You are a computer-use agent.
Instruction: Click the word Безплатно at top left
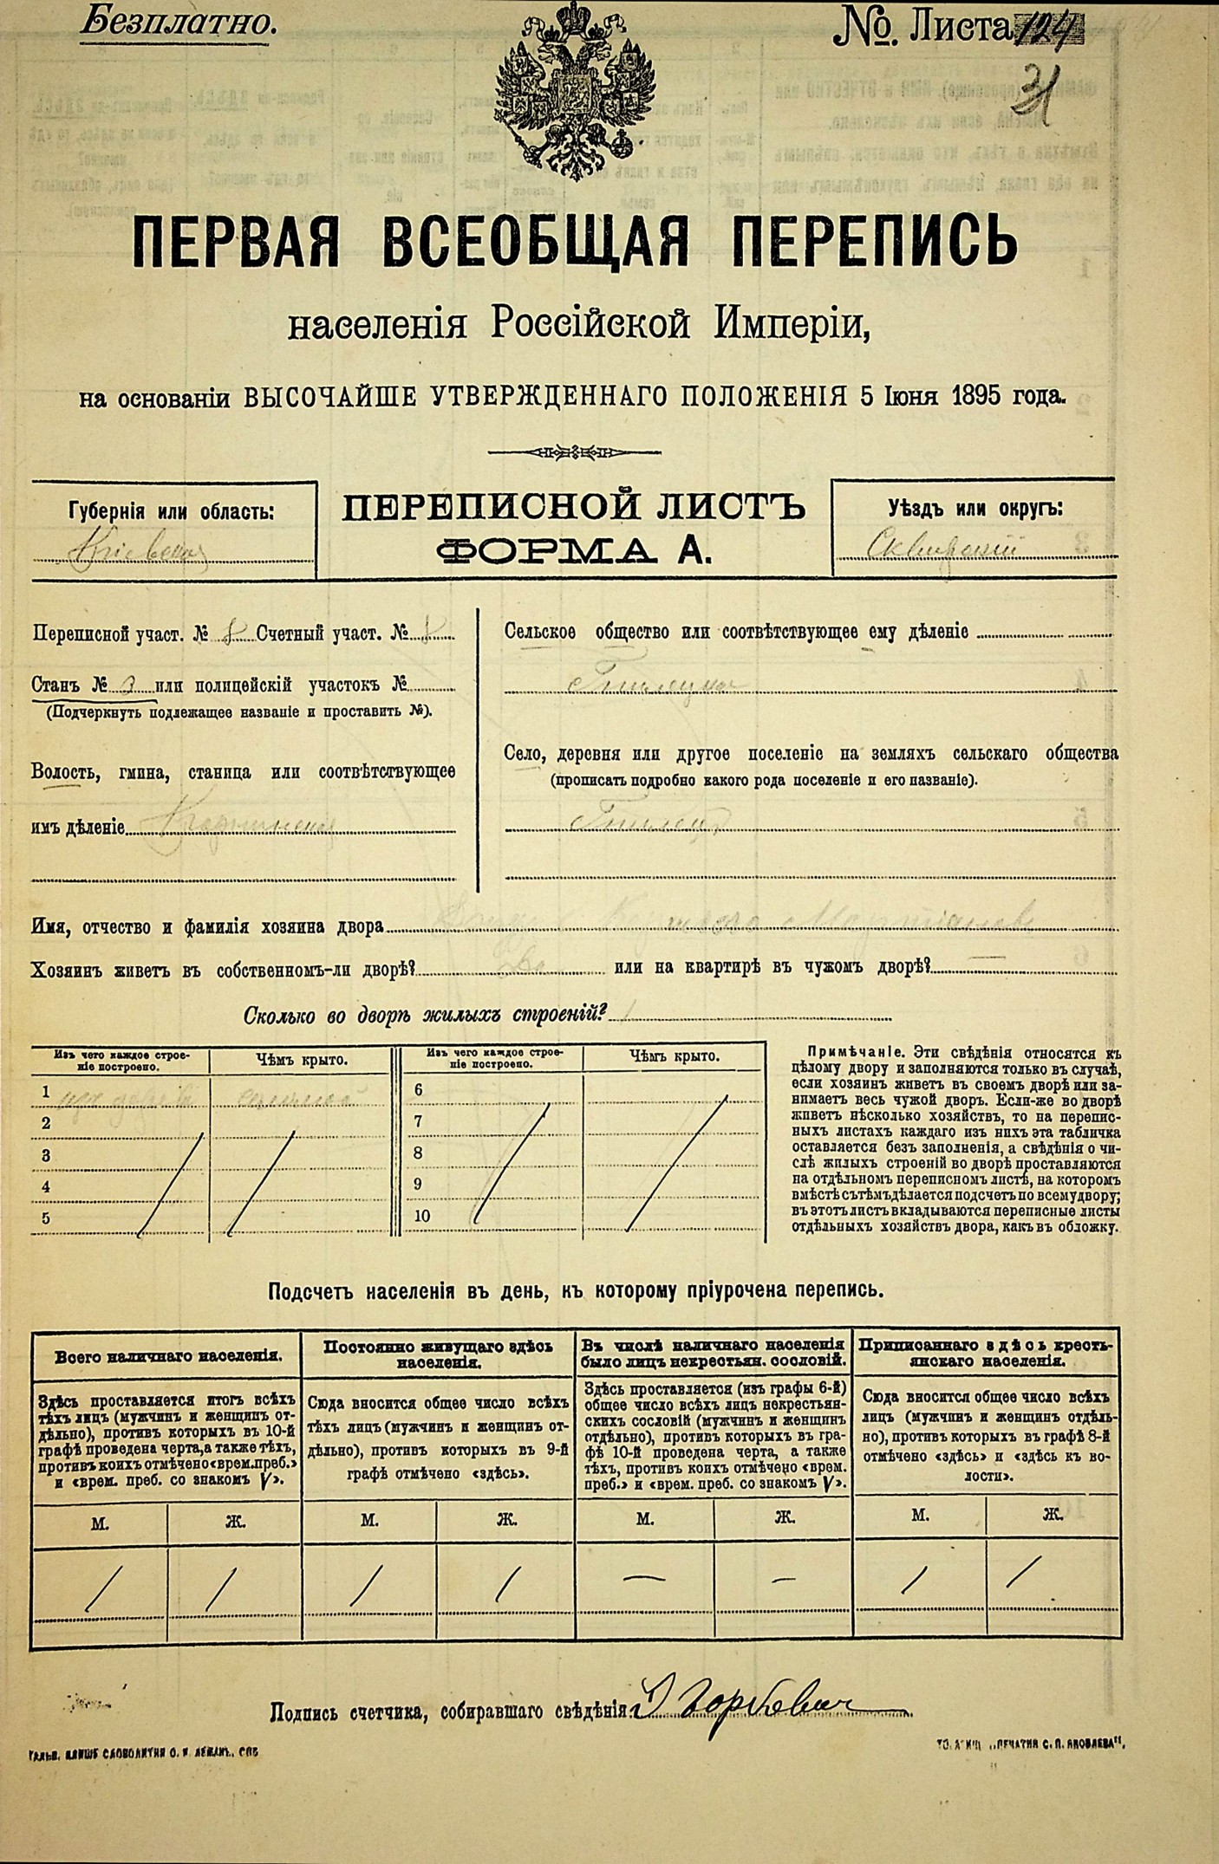(x=179, y=23)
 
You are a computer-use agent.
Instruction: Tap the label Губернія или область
(x=171, y=511)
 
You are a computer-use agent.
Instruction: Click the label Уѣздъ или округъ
(x=975, y=509)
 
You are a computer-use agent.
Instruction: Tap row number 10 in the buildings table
(x=421, y=1215)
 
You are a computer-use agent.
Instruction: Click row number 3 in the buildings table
(x=47, y=1155)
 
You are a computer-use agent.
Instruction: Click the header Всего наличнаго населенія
(x=168, y=1355)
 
